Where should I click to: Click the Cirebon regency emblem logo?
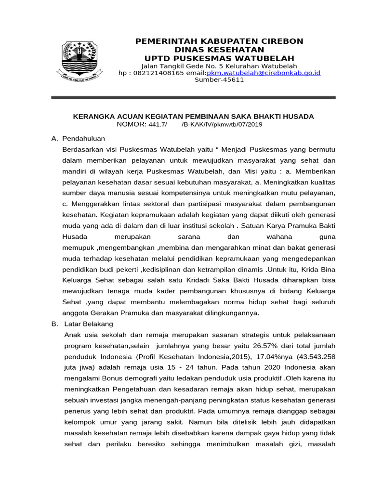pyautogui.click(x=79, y=60)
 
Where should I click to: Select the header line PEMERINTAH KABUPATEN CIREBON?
pyautogui.click(x=219, y=41)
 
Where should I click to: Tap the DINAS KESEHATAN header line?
pyautogui.click(x=219, y=50)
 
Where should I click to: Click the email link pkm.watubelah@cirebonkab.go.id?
pyautogui.click(x=263, y=73)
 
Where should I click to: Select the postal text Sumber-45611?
pyautogui.click(x=219, y=80)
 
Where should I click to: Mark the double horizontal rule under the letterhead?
pyautogui.click(x=193, y=98)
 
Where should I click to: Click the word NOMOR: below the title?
pyautogui.click(x=132, y=124)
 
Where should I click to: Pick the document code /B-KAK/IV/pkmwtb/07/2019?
pyautogui.click(x=222, y=124)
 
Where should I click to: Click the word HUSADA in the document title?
pyautogui.click(x=299, y=117)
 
